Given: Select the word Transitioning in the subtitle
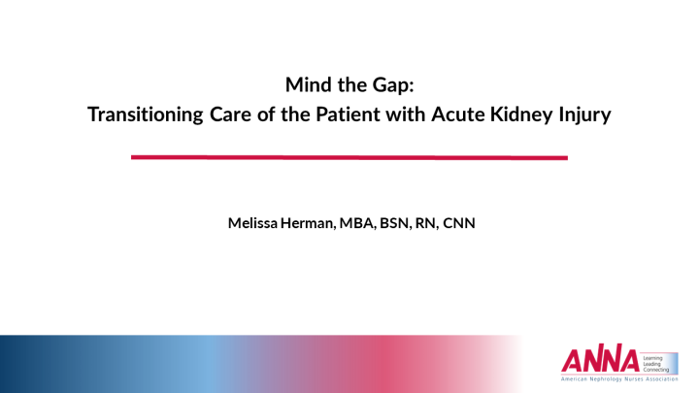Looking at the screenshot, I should [144, 115].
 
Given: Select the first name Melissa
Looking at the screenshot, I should [254, 223].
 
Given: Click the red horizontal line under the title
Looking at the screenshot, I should [349, 157].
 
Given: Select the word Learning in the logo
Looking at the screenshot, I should [655, 353].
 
